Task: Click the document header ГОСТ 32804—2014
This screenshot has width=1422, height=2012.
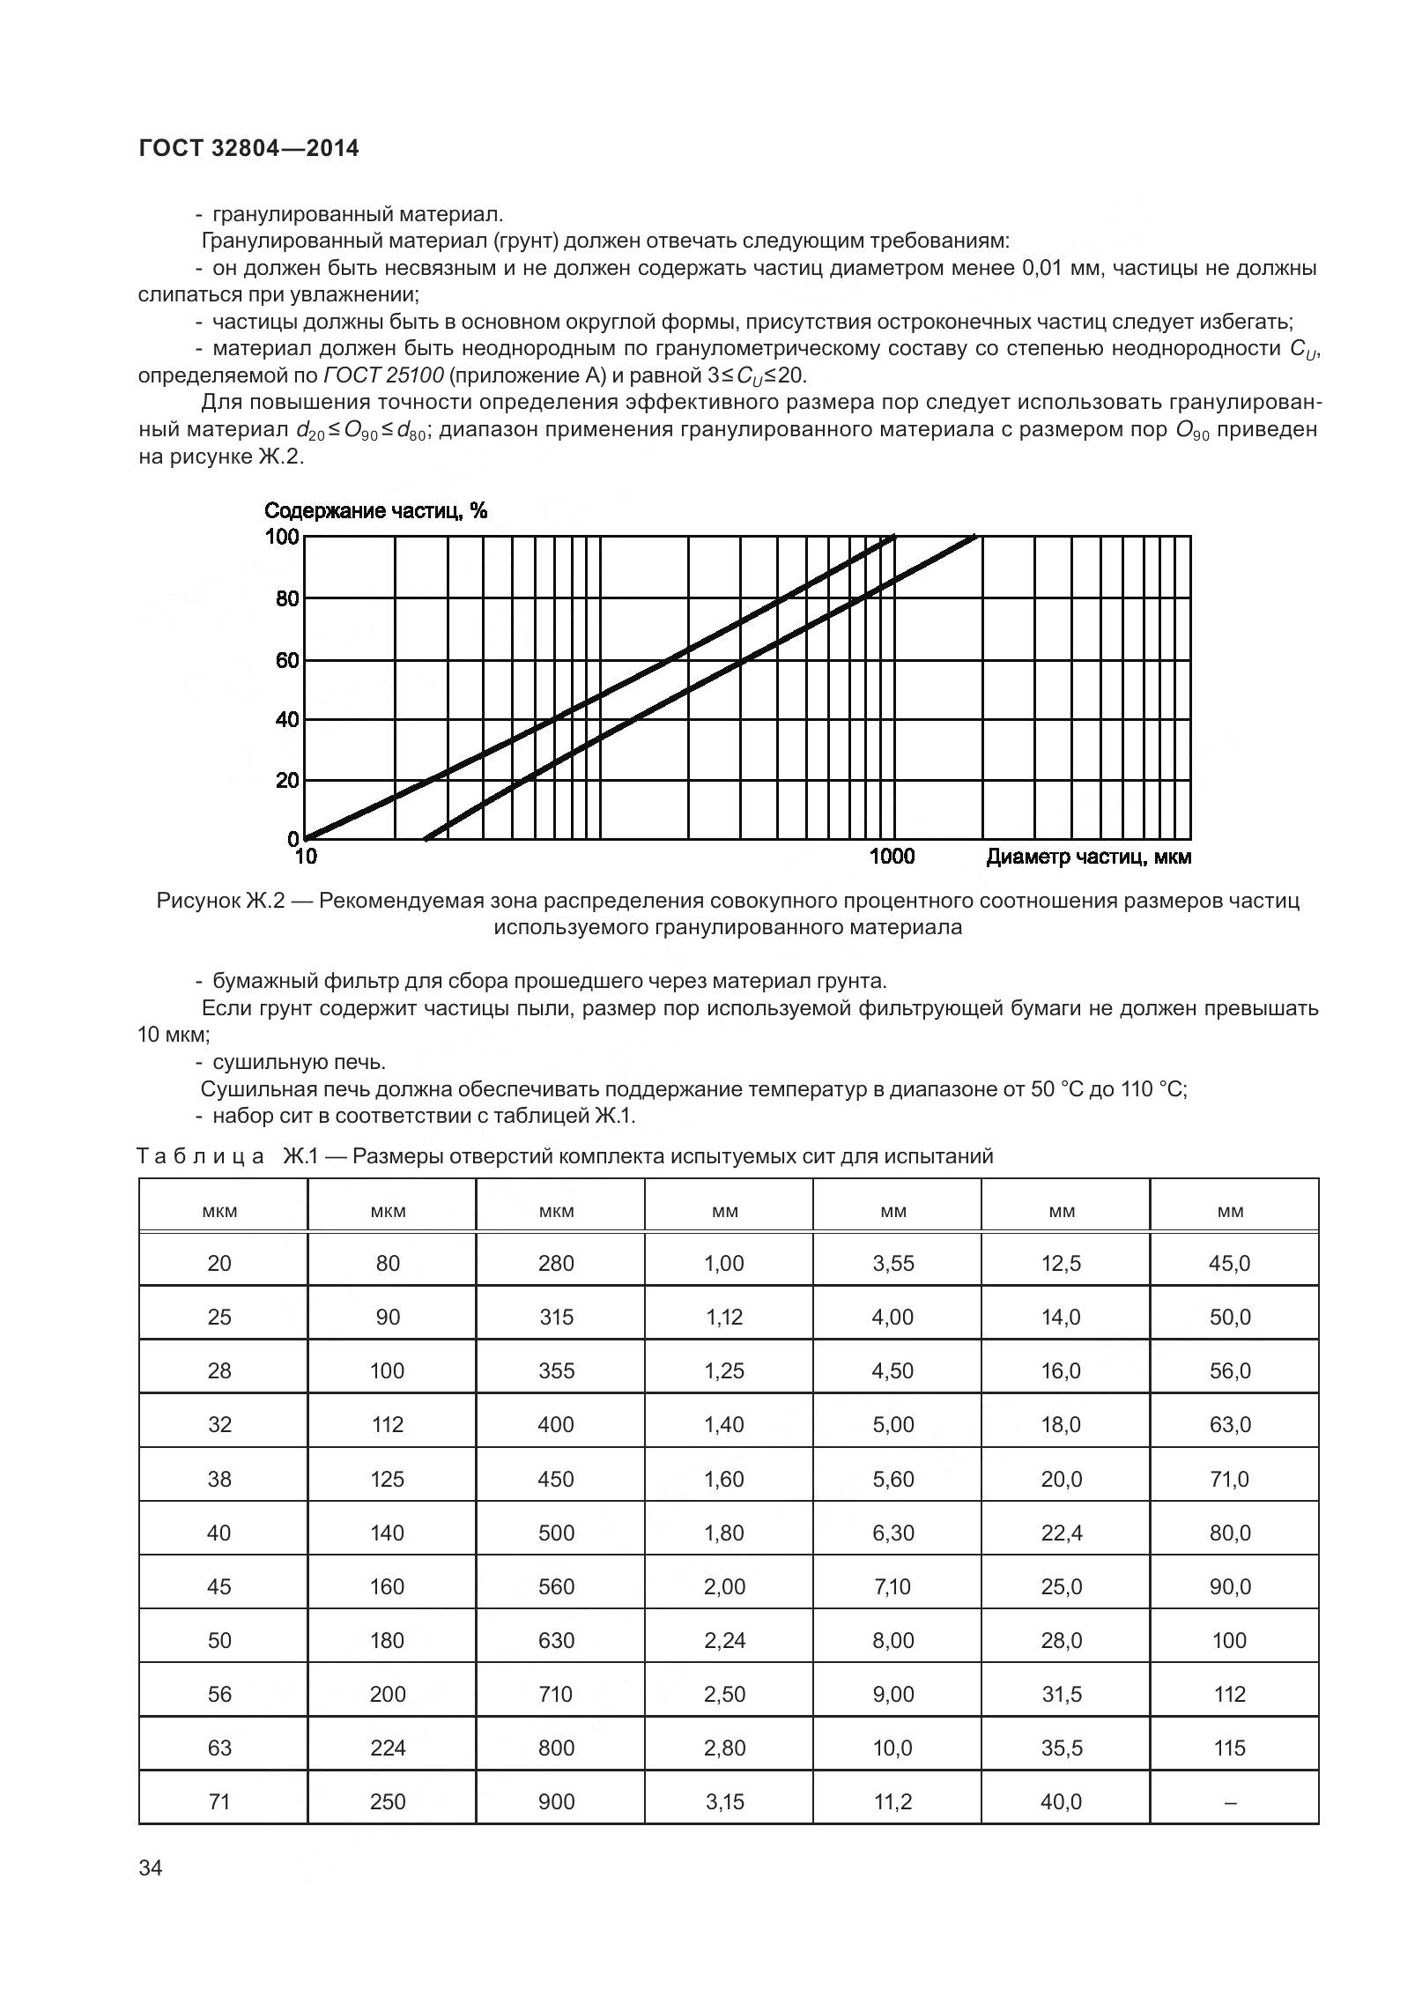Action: [x=248, y=148]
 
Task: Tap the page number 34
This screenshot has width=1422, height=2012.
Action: [x=151, y=1867]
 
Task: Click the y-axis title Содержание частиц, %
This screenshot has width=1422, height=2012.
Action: [x=375, y=511]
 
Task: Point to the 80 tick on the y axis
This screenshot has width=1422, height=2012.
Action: [x=287, y=599]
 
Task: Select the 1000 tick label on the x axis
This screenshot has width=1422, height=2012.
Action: [x=892, y=857]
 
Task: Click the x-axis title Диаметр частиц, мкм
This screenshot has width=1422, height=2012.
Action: [x=1088, y=857]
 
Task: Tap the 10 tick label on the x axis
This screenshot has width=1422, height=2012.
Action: [x=305, y=857]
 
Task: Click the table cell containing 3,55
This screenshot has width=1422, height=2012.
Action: [x=893, y=1264]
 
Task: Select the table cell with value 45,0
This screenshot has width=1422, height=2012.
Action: [x=1230, y=1264]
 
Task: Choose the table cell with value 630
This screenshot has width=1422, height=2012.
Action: [x=556, y=1640]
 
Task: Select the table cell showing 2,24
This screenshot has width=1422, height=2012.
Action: [x=724, y=1640]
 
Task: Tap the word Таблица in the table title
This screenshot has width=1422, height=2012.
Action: [x=201, y=1156]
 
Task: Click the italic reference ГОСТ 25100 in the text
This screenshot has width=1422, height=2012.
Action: [x=383, y=375]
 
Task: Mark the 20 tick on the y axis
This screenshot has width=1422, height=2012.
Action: [x=287, y=781]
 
